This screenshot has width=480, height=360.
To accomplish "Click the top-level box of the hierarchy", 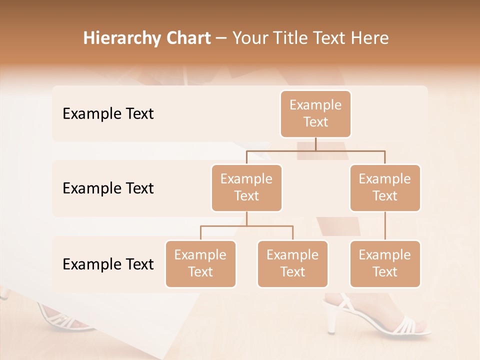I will click(315, 113).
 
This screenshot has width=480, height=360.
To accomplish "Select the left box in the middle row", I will click(246, 187).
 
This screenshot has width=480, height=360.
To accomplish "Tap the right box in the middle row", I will click(385, 187).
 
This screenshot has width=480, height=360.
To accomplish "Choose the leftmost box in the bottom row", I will click(200, 263).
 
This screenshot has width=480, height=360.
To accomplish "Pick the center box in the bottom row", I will click(292, 263).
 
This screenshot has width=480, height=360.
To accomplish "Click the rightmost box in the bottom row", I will click(385, 263).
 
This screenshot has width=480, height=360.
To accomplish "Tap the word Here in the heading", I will click(370, 38).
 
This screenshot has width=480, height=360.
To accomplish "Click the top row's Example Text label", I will click(108, 113).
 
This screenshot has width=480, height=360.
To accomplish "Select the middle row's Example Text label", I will click(108, 188).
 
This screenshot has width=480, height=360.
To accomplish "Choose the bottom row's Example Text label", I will click(108, 264).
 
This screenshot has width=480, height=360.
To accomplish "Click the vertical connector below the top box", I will click(315, 144).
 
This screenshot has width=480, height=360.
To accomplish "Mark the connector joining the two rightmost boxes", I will click(385, 226).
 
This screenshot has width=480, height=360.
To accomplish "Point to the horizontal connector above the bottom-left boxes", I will click(246, 226).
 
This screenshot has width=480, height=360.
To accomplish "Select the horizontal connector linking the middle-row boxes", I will click(315, 150).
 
